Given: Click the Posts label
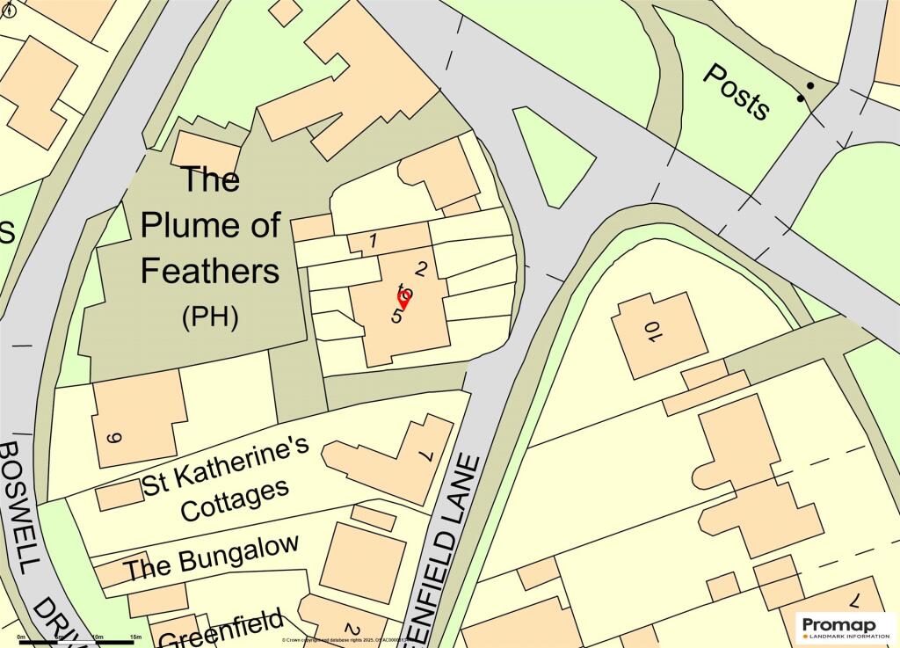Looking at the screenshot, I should pyautogui.click(x=737, y=91).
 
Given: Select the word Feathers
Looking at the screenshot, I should pyautogui.click(x=210, y=271).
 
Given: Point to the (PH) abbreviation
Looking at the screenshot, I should pyautogui.click(x=210, y=317).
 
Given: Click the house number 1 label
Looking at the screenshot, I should pyautogui.click(x=373, y=240).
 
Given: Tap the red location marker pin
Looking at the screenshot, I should pyautogui.click(x=404, y=299).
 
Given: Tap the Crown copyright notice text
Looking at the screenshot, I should pyautogui.click(x=352, y=640).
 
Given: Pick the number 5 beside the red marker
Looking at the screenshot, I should pyautogui.click(x=397, y=315).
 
